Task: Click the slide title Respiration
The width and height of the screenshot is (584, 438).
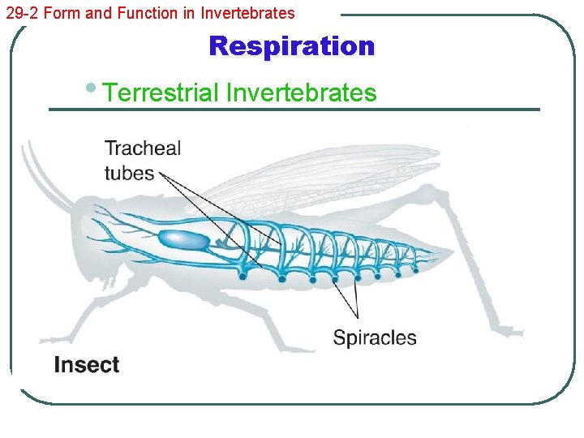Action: pos(292,46)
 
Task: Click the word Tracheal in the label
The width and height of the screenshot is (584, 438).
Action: pos(143,148)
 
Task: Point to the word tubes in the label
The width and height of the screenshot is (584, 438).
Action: pos(129,173)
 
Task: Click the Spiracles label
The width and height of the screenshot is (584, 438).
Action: pos(375,337)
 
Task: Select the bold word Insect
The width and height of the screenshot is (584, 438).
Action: pos(87,365)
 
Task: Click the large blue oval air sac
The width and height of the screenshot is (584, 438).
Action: pos(182,239)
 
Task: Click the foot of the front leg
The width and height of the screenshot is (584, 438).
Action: pos(57,339)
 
